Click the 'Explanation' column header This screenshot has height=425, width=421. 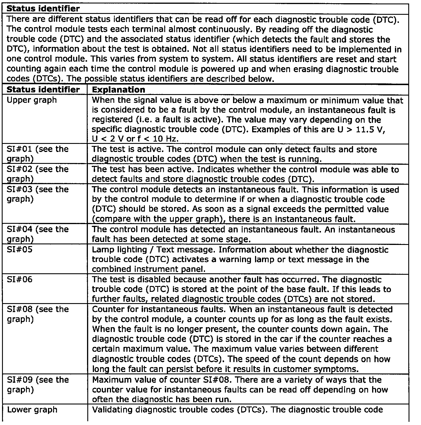119,89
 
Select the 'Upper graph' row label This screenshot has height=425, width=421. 32,100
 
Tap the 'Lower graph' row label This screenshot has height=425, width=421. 32,410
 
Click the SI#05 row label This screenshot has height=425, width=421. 19,250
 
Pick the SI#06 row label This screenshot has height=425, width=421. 19,279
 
